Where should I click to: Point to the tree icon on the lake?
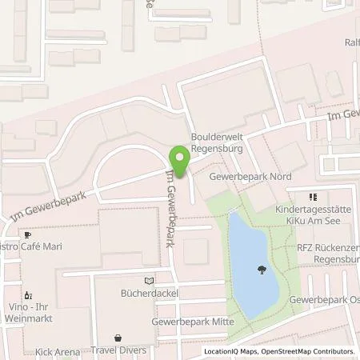pyautogui.click(x=261, y=270)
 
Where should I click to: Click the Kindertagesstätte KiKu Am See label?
pyautogui.click(x=314, y=215)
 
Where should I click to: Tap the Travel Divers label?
pyautogui.click(x=119, y=350)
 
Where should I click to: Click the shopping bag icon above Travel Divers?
pyautogui.click(x=119, y=338)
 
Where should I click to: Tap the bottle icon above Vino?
pyautogui.click(x=29, y=294)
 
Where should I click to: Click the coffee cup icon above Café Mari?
pyautogui.click(x=27, y=235)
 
